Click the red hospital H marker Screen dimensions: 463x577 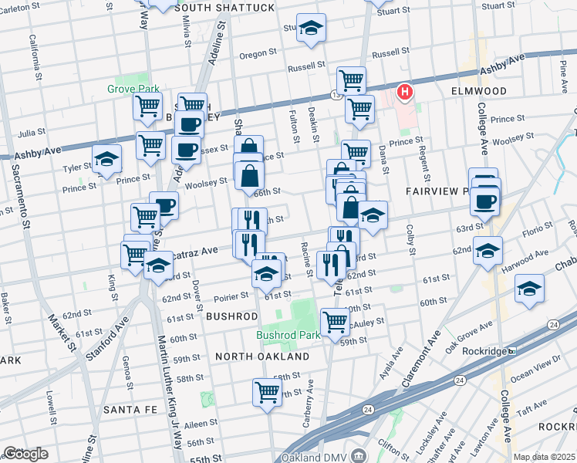(404, 93)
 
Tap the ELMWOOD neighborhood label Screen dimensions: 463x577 (479, 91)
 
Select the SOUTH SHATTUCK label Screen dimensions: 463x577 (224, 8)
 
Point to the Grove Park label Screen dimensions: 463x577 (133, 89)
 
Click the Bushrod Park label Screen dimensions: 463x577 (288, 336)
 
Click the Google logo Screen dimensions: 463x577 (25, 454)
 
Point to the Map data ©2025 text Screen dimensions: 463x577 (544, 457)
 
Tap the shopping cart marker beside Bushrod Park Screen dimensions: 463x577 (335, 320)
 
